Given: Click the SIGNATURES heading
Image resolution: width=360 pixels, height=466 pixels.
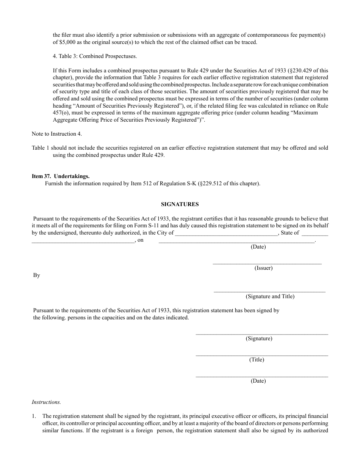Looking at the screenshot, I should pyautogui.click(x=180, y=204).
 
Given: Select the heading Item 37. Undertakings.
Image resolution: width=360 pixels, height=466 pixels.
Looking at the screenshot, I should pyautogui.click(x=61, y=176).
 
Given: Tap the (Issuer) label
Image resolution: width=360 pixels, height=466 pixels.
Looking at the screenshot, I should pyautogui.click(x=263, y=268).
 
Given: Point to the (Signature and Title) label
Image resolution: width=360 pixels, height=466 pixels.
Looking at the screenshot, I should pyautogui.click(x=270, y=296).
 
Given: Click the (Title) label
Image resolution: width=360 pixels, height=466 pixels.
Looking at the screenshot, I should pyautogui.click(x=257, y=360).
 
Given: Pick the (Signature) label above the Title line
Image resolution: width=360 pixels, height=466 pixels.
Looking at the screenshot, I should pyautogui.click(x=259, y=338).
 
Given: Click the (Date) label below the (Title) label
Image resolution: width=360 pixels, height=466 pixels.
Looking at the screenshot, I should pyautogui.click(x=258, y=381).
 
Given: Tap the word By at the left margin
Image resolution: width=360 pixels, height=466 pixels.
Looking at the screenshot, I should pyautogui.click(x=37, y=275).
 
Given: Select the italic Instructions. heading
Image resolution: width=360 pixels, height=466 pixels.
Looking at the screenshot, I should pyautogui.click(x=46, y=402).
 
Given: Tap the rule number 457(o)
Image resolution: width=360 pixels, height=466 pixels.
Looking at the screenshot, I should pyautogui.click(x=61, y=113).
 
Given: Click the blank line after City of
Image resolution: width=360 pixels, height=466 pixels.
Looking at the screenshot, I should pyautogui.click(x=226, y=233).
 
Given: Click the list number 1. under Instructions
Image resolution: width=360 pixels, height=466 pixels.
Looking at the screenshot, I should pyautogui.click(x=34, y=416).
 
